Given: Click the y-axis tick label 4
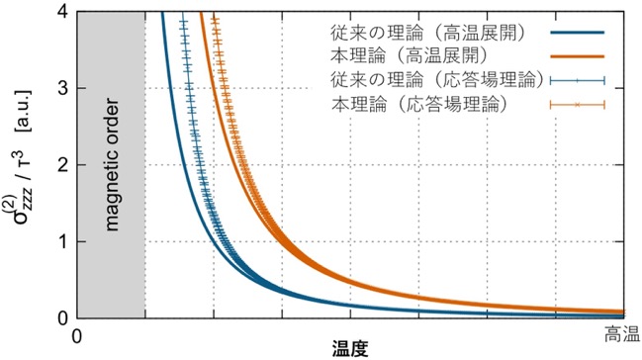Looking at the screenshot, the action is pos(63,11).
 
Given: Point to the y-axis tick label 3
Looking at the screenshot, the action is pos(63,88).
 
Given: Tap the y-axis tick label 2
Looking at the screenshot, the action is pos(63,164).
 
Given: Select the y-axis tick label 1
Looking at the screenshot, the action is pos(63,241).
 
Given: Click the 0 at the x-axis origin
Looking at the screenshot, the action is pos(77,336).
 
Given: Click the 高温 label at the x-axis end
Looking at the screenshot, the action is pos(622,335).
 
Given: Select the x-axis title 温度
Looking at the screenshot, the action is pos(350,349).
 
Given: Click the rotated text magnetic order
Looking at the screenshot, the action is pos(112,164).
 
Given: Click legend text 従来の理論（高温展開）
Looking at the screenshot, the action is pos(427,33).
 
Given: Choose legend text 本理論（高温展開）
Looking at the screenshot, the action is pos(410,56).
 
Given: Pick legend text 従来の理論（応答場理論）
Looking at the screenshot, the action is pos(436,80).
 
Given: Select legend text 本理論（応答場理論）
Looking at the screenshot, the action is pos(418,105).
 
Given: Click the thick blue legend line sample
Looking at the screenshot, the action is pos(578,33).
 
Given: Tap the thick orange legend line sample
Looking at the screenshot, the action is pos(578,56).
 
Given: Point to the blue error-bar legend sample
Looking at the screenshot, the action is pos(578,81).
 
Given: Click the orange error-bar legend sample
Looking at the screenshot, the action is pos(578,105).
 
